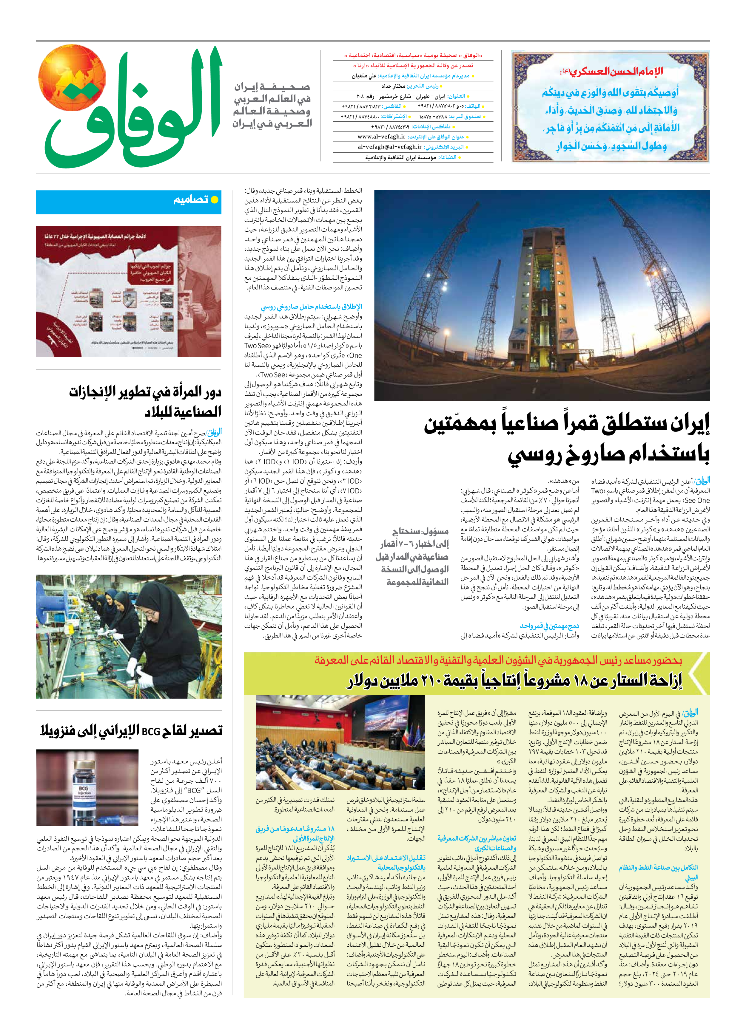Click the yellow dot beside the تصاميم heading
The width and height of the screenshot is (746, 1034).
pos(214,200)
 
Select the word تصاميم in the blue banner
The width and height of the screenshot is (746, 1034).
pos(191,200)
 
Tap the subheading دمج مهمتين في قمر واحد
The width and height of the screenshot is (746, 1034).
pos(549,626)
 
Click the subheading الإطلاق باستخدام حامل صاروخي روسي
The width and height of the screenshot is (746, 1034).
pos(311,307)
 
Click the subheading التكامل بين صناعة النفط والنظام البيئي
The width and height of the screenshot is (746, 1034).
pos(658,872)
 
